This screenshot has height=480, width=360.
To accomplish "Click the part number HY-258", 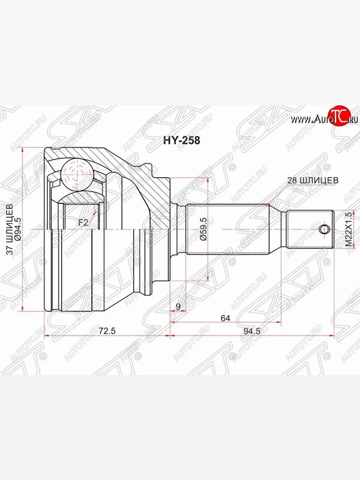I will [x=180, y=140].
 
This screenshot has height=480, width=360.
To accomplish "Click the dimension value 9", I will [x=178, y=307].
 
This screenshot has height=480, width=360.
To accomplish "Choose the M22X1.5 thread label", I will [x=349, y=229].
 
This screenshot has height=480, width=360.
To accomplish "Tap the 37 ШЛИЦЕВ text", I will [x=10, y=229].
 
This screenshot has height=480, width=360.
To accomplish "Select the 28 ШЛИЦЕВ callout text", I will [x=312, y=180].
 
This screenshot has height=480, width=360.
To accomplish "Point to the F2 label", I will [x=83, y=222].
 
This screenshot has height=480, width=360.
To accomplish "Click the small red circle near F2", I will [x=102, y=207].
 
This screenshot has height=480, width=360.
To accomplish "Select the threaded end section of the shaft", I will [x=310, y=229].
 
